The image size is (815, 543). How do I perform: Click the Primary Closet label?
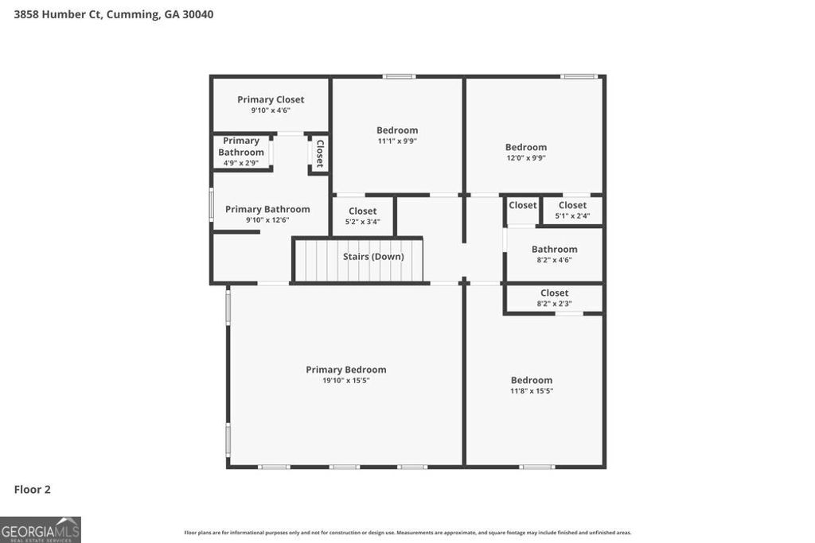(x=271, y=99)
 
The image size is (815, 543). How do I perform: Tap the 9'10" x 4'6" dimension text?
(x=271, y=111)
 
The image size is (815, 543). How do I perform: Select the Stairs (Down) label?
(x=373, y=257)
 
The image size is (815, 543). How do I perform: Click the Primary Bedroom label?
(x=346, y=370)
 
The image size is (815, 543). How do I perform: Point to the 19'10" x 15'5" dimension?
(x=346, y=381)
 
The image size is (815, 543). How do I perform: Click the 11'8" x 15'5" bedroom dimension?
(x=532, y=391)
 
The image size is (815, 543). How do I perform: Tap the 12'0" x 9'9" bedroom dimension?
(x=526, y=158)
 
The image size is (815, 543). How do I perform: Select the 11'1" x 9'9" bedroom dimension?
(x=397, y=142)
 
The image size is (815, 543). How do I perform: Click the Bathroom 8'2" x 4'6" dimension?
(x=555, y=260)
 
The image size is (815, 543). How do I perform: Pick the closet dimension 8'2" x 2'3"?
(x=555, y=304)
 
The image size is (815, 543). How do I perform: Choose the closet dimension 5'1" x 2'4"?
(x=572, y=215)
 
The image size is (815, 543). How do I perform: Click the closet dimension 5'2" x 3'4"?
(x=362, y=222)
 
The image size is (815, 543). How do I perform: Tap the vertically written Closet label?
(x=320, y=153)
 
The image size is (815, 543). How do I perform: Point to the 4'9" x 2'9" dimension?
(x=241, y=163)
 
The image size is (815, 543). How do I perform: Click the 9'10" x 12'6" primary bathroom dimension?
(x=267, y=220)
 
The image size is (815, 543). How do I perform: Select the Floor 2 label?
(x=32, y=490)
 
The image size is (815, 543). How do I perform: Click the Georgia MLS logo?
(x=40, y=529)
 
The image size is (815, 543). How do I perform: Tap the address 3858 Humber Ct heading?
(x=114, y=14)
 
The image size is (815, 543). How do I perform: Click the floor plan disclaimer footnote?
(x=407, y=533)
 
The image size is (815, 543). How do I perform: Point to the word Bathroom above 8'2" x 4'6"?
(x=555, y=249)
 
